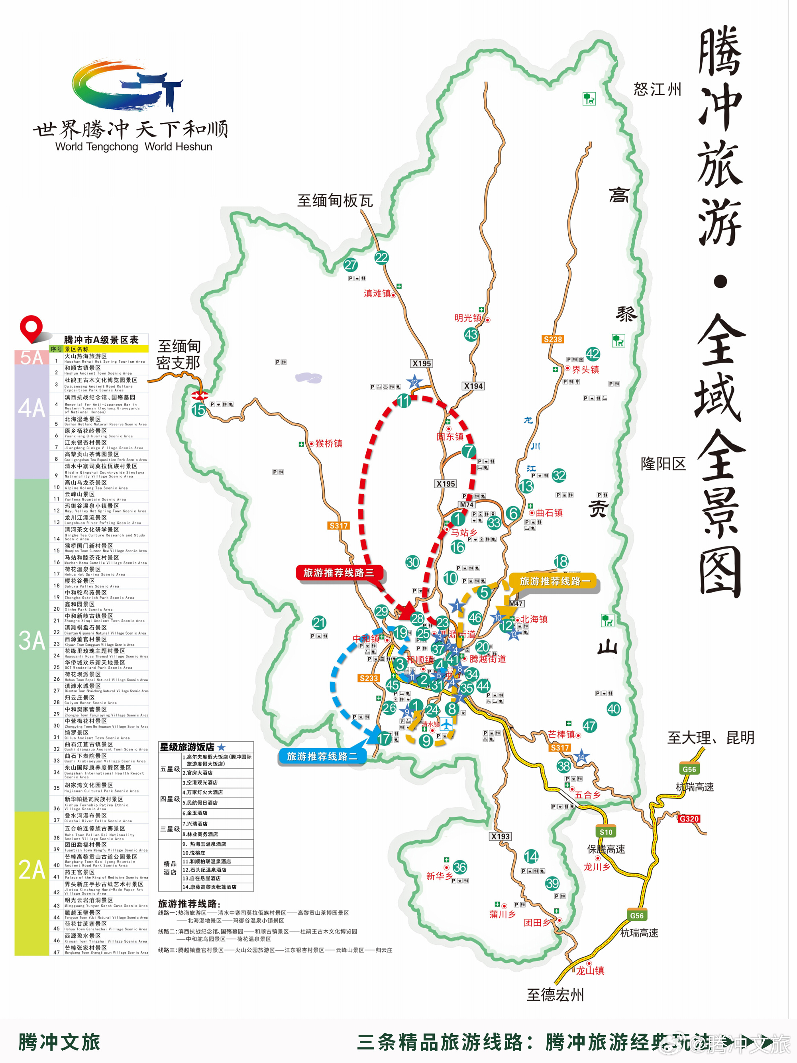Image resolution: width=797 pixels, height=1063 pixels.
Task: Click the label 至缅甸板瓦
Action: click(335, 200)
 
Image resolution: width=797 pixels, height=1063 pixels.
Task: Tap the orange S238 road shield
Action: click(552, 339)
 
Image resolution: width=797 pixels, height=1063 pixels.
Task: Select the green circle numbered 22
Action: click(381, 257)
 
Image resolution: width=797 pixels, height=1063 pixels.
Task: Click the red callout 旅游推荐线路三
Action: click(339, 572)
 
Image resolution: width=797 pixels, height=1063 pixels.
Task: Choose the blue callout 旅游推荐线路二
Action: click(322, 756)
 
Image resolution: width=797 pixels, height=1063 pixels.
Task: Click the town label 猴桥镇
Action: click(329, 443)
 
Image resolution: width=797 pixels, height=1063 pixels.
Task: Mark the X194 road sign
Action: click(473, 386)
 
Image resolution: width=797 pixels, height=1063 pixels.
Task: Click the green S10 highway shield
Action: click(606, 832)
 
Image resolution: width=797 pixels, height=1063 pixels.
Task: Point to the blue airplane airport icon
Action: click(447, 724)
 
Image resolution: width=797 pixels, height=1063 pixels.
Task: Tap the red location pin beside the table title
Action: click(31, 328)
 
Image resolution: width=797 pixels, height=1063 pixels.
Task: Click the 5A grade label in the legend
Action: click(31, 358)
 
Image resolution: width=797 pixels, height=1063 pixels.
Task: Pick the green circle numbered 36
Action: click(460, 867)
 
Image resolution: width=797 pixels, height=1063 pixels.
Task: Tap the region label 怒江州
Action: click(657, 89)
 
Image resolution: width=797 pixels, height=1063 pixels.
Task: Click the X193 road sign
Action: click(500, 836)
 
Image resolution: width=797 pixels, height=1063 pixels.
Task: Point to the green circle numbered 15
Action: click(198, 409)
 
